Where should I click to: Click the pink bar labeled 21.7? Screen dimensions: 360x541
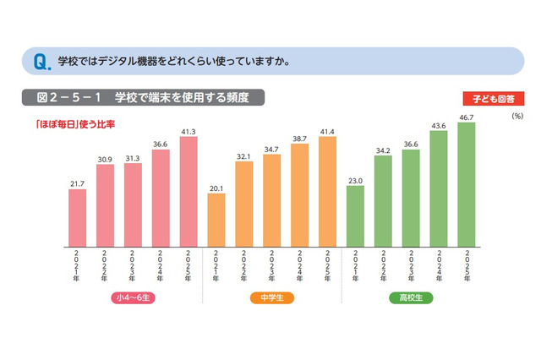pyautogui.click(x=77, y=215)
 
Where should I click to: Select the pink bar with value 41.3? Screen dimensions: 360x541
pyautogui.click(x=189, y=190)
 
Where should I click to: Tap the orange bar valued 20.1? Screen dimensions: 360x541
pyautogui.click(x=216, y=218)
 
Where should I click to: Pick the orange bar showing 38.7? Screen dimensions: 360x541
pyautogui.click(x=299, y=194)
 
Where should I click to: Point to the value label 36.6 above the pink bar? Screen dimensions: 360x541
pyautogui.click(x=161, y=144)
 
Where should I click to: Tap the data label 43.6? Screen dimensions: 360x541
pyautogui.click(x=437, y=125)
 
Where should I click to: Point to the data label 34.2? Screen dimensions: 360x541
pyautogui.click(x=382, y=150)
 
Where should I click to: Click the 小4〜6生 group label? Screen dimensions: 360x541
pyautogui.click(x=132, y=298)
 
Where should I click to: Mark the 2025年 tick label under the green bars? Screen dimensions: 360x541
pyautogui.click(x=465, y=265)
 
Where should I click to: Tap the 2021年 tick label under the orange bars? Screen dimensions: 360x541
pyautogui.click(x=216, y=265)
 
